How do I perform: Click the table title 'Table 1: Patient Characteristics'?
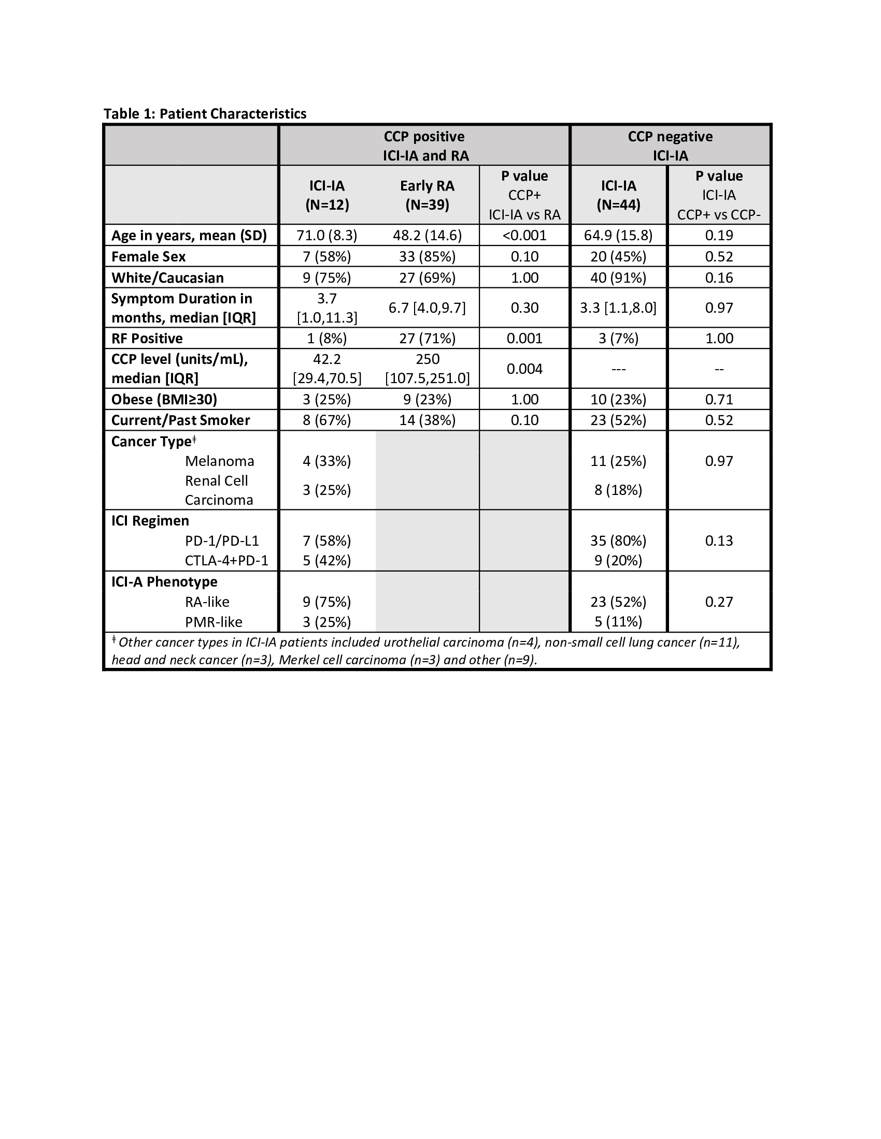[x=205, y=114]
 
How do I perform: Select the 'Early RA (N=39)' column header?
[x=427, y=195]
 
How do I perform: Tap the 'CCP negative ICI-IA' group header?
[x=670, y=145]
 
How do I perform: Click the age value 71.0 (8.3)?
[x=326, y=235]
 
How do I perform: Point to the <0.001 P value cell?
[x=524, y=235]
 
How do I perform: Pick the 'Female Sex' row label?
[x=148, y=257]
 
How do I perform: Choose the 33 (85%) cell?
[x=427, y=257]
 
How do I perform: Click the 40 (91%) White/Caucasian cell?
[x=618, y=278]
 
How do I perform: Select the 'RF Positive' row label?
[x=147, y=339]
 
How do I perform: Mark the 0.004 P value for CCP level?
[x=524, y=369]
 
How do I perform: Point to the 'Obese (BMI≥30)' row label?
[x=164, y=400]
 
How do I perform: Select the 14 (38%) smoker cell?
[x=427, y=420]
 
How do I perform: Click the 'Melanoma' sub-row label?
[x=219, y=461]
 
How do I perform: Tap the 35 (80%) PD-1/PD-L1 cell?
[x=618, y=541]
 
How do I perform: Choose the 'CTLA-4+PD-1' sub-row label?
[x=226, y=561]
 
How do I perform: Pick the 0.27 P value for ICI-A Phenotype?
[x=719, y=602]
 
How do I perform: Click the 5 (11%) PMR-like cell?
[x=618, y=622]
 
